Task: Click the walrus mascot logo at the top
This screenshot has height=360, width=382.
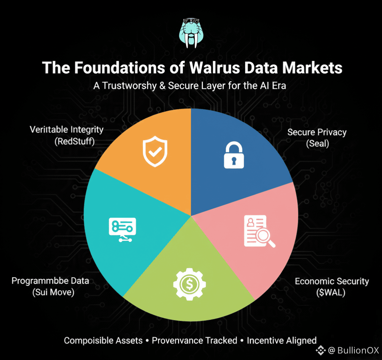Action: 191,34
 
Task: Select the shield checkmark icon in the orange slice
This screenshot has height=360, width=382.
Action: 155,152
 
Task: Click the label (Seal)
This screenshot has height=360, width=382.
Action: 317,143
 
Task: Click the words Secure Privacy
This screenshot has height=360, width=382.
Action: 317,132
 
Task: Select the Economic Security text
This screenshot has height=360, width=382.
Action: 332,281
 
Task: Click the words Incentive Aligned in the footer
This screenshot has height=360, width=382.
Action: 282,340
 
